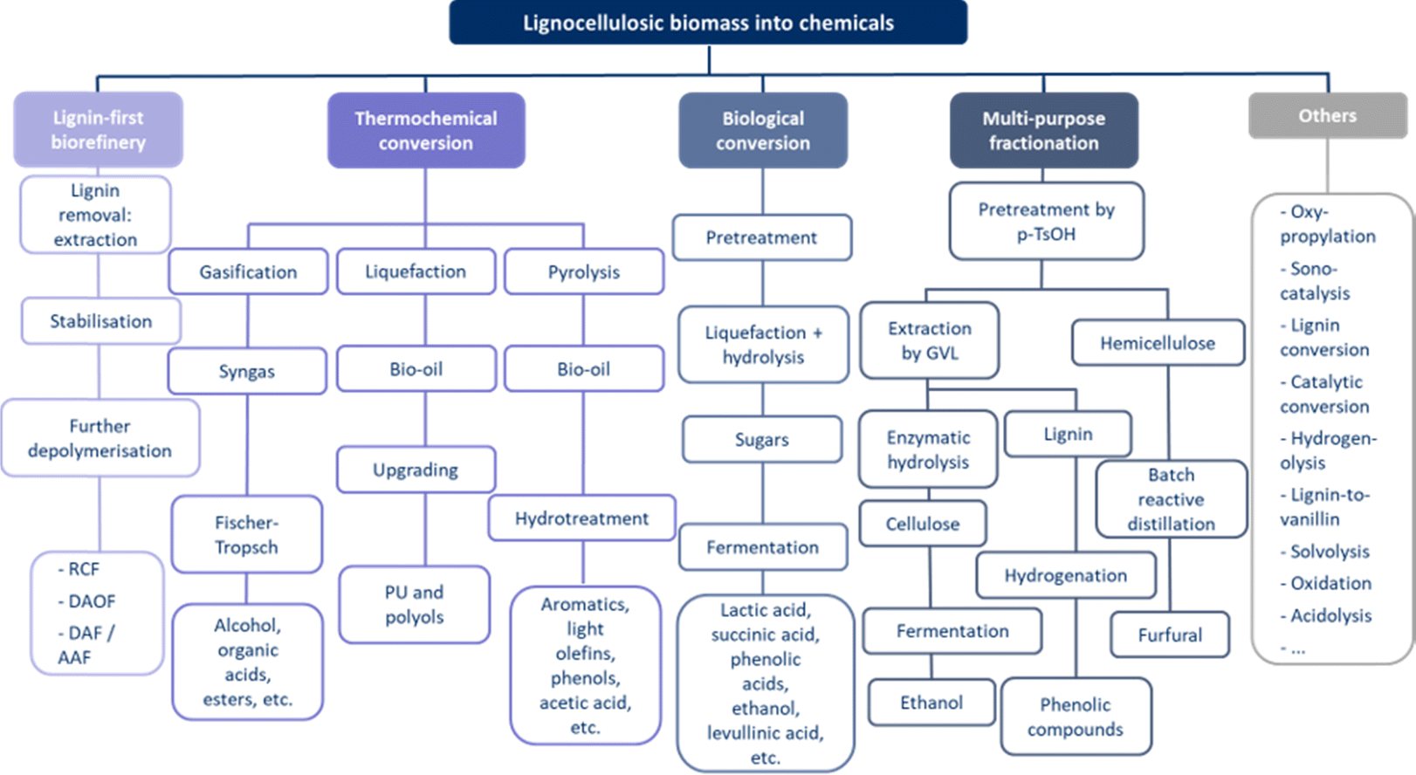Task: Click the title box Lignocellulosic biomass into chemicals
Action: click(x=708, y=23)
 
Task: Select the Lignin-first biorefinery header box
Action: click(x=98, y=129)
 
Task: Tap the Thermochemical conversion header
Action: click(x=426, y=130)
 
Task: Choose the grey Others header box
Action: click(x=1328, y=116)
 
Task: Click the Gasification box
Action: click(x=248, y=271)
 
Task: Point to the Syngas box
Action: click(x=247, y=371)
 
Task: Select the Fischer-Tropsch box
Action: click(x=246, y=534)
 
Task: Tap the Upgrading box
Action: click(x=416, y=470)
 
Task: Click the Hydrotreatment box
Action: click(x=581, y=518)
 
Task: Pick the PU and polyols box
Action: click(x=414, y=604)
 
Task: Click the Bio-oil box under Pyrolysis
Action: click(x=583, y=369)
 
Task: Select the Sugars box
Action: click(x=762, y=439)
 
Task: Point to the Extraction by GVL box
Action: click(x=929, y=340)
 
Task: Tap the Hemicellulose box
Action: click(x=1158, y=343)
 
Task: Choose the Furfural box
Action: click(x=1170, y=634)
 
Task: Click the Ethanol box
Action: click(x=931, y=703)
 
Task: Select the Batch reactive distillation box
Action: click(x=1172, y=499)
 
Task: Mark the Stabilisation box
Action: click(x=101, y=321)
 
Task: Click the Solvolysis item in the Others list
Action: click(x=1325, y=552)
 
